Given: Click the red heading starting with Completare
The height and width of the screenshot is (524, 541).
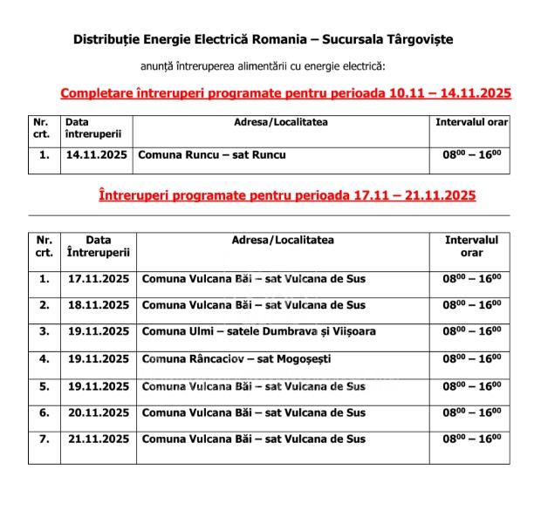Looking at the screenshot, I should (x=285, y=93).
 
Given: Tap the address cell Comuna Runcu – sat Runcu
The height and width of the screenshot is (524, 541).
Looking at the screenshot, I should (x=212, y=155).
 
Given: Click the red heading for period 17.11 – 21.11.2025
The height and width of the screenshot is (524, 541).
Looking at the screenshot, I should (x=287, y=195).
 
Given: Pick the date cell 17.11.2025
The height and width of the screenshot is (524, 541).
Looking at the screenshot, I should (x=98, y=279).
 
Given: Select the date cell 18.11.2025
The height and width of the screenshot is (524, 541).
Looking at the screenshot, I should (x=98, y=305).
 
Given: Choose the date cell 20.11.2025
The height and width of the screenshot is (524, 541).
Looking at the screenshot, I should (x=98, y=412).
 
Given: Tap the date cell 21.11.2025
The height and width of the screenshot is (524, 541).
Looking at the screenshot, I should (x=98, y=439).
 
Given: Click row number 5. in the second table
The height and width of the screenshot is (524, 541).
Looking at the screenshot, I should (x=45, y=385).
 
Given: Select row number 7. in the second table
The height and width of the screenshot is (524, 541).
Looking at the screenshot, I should (x=45, y=439).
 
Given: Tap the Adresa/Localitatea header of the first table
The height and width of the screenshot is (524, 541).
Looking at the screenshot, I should (x=281, y=122).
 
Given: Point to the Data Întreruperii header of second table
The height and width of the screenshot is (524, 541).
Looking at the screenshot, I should (x=98, y=246).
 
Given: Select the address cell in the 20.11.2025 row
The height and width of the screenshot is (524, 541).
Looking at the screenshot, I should (x=253, y=412).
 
